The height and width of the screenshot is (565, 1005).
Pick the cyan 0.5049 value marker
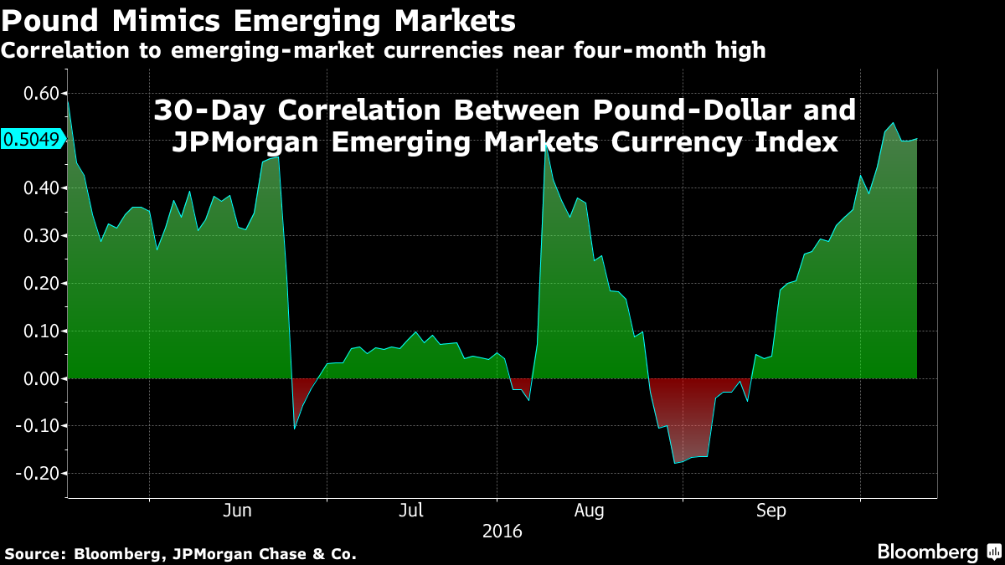point(32,140)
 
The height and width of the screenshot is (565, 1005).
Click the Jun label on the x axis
point(239,510)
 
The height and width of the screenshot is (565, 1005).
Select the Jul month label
point(411,510)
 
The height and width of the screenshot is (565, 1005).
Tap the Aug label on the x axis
point(590,510)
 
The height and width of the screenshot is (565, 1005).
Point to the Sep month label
point(771,510)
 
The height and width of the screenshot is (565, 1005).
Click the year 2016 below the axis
point(502,531)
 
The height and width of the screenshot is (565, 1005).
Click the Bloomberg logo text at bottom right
point(927,552)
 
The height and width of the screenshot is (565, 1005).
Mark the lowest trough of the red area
point(675,463)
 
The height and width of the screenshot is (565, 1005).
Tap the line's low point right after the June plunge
point(295,429)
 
